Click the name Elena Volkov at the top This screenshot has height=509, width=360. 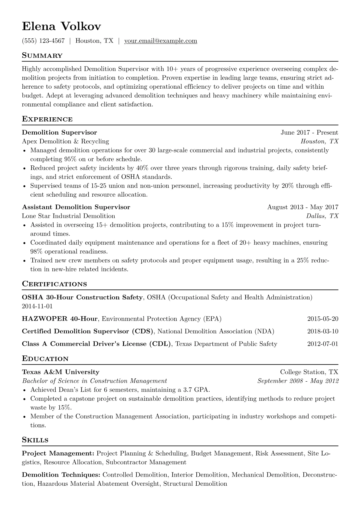61,27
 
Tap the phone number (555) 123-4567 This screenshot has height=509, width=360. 43,41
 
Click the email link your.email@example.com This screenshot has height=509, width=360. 161,41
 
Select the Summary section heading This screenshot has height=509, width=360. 42,56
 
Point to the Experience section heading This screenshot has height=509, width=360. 47,119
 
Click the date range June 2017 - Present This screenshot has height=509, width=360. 309,132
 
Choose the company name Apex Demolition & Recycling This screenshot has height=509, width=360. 65,141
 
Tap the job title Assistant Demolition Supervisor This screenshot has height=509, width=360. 76,207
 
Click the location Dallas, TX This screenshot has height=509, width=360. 322,216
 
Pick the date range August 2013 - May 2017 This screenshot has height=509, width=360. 303,207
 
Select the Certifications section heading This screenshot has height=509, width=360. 54,284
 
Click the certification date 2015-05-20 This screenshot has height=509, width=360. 322,319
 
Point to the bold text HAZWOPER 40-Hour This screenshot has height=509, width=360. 60,319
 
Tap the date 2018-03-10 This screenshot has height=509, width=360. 322,331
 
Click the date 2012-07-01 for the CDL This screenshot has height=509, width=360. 322,344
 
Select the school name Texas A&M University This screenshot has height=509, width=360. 61,372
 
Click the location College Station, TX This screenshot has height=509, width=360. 309,372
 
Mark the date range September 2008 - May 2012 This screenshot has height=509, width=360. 298,381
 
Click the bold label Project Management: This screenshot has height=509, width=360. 58,454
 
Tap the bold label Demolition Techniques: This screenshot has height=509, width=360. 61,475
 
